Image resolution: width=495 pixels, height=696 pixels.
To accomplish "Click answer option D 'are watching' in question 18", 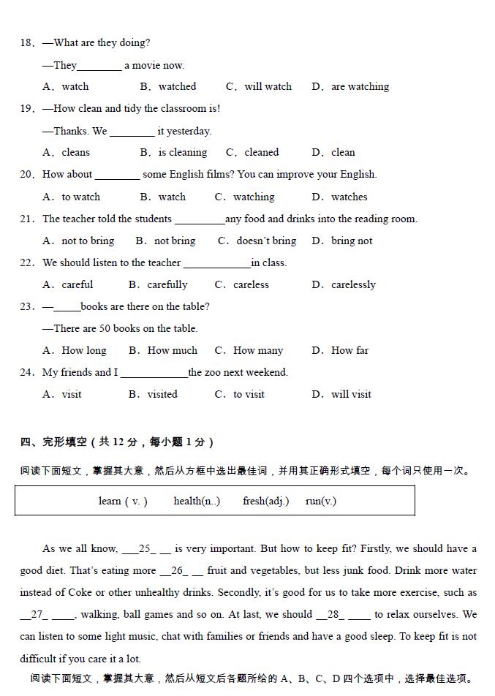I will (351, 86).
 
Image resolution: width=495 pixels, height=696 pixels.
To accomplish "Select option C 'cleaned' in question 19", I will (253, 152).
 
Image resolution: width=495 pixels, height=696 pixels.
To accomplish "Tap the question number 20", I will (27, 174).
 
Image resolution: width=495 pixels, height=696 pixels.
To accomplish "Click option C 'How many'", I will (249, 350).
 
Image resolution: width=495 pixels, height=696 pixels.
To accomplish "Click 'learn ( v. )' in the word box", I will (123, 501).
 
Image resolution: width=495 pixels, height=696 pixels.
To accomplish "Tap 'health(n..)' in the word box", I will (197, 501).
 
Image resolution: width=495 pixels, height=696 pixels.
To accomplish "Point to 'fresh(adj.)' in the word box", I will (265, 501).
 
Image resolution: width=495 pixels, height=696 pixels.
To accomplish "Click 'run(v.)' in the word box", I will (321, 501).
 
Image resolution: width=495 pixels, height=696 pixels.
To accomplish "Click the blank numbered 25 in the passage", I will (147, 548).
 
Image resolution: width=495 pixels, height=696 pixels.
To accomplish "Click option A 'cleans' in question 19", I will (67, 152).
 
